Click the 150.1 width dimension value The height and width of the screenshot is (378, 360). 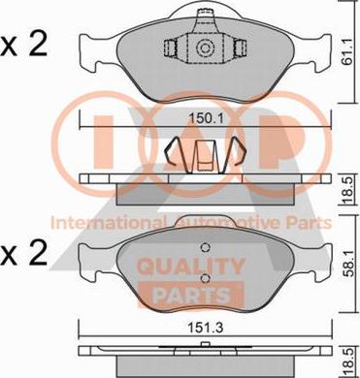[206, 119]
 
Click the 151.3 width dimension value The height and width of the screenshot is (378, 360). [206, 329]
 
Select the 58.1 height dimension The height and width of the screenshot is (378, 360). [348, 265]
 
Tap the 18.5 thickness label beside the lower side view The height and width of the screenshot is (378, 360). [348, 363]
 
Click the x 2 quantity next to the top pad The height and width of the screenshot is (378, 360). [23, 46]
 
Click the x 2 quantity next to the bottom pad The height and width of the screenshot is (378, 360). [23, 254]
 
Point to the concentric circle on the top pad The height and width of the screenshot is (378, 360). [205, 48]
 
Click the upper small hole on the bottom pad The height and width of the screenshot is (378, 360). [205, 247]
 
